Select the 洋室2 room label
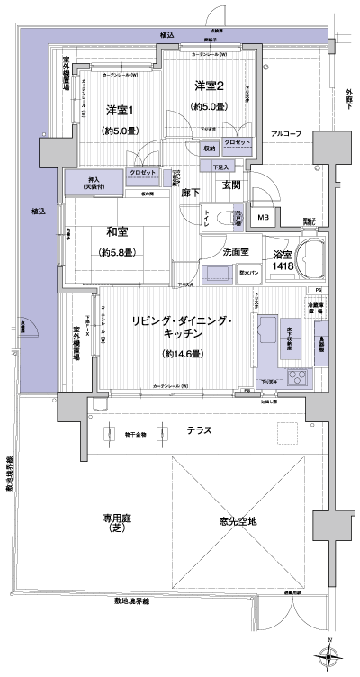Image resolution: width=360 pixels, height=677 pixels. click(x=208, y=86)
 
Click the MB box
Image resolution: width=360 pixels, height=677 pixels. click(x=265, y=217)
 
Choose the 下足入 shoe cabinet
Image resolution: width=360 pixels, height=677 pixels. click(x=220, y=167)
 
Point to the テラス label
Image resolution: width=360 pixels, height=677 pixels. click(x=199, y=429)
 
